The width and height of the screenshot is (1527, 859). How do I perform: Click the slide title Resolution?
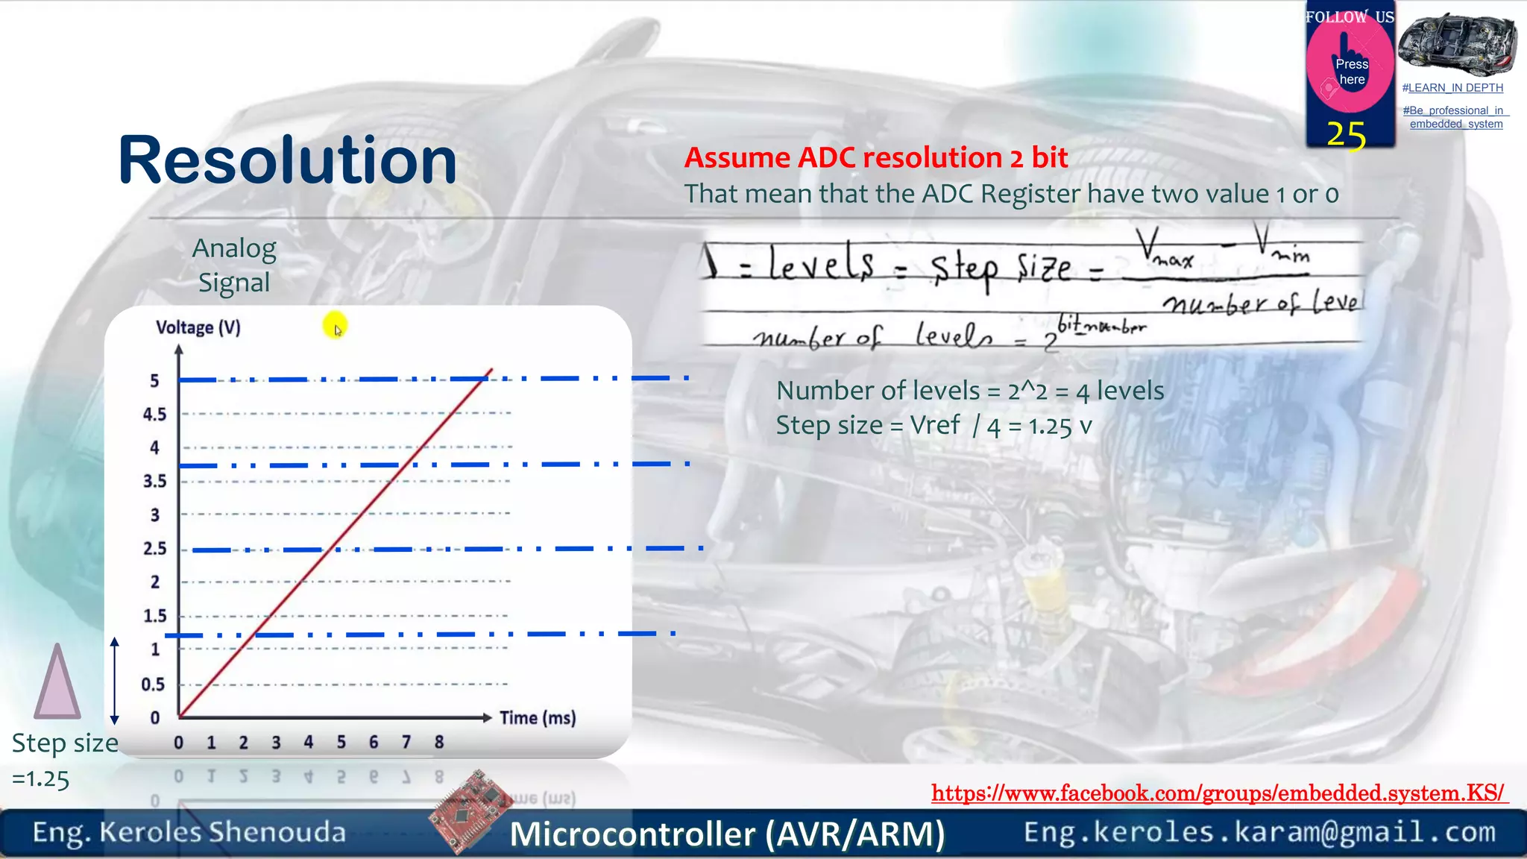click(x=287, y=160)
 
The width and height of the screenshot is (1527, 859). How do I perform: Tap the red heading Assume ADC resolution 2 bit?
click(x=876, y=157)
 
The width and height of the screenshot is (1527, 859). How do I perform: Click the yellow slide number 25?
click(x=1346, y=135)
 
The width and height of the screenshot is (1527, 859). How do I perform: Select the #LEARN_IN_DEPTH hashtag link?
click(x=1452, y=88)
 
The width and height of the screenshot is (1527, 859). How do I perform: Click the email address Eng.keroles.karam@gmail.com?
click(x=1259, y=831)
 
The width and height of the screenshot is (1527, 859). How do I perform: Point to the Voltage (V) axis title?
click(x=198, y=327)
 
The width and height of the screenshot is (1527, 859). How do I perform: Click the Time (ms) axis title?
click(x=538, y=718)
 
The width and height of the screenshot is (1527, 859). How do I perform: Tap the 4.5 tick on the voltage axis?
click(x=154, y=415)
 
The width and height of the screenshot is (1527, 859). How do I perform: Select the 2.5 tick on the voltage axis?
click(x=154, y=549)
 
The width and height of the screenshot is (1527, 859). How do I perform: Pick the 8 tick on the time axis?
click(x=439, y=743)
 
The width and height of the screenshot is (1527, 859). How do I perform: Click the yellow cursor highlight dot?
click(x=335, y=325)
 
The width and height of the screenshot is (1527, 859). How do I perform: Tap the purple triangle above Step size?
click(x=57, y=682)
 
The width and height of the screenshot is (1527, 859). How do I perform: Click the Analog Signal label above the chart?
click(x=234, y=265)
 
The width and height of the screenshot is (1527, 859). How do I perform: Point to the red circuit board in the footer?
click(x=470, y=811)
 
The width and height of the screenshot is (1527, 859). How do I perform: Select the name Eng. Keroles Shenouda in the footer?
click(x=189, y=832)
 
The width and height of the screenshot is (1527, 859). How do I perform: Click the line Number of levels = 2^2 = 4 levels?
click(x=969, y=391)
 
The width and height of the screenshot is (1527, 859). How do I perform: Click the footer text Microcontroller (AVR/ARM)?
click(x=727, y=834)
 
